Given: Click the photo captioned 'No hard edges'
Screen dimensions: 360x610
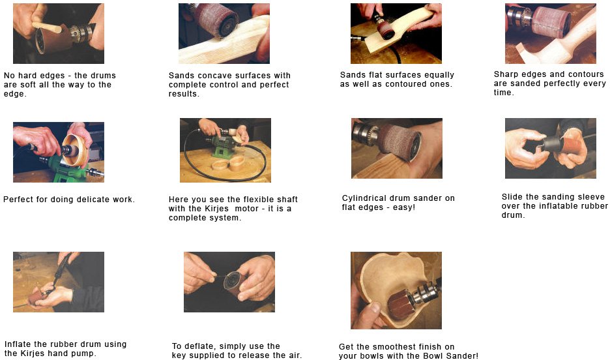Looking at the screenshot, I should (x=58, y=33).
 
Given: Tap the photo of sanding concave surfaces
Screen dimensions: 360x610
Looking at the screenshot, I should (x=224, y=33).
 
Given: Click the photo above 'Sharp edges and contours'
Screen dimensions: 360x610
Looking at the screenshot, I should (x=550, y=33).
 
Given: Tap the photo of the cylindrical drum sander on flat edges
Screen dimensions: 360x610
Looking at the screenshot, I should (x=396, y=148).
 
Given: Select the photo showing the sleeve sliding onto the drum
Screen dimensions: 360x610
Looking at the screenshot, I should (x=550, y=148).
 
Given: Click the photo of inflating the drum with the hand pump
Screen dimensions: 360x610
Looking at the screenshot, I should (x=58, y=282).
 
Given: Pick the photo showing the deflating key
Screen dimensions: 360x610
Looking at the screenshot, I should (x=229, y=282).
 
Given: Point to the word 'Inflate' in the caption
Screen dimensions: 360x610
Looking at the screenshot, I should (x=18, y=344).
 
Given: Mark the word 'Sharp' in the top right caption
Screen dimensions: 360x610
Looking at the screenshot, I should (x=506, y=74).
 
